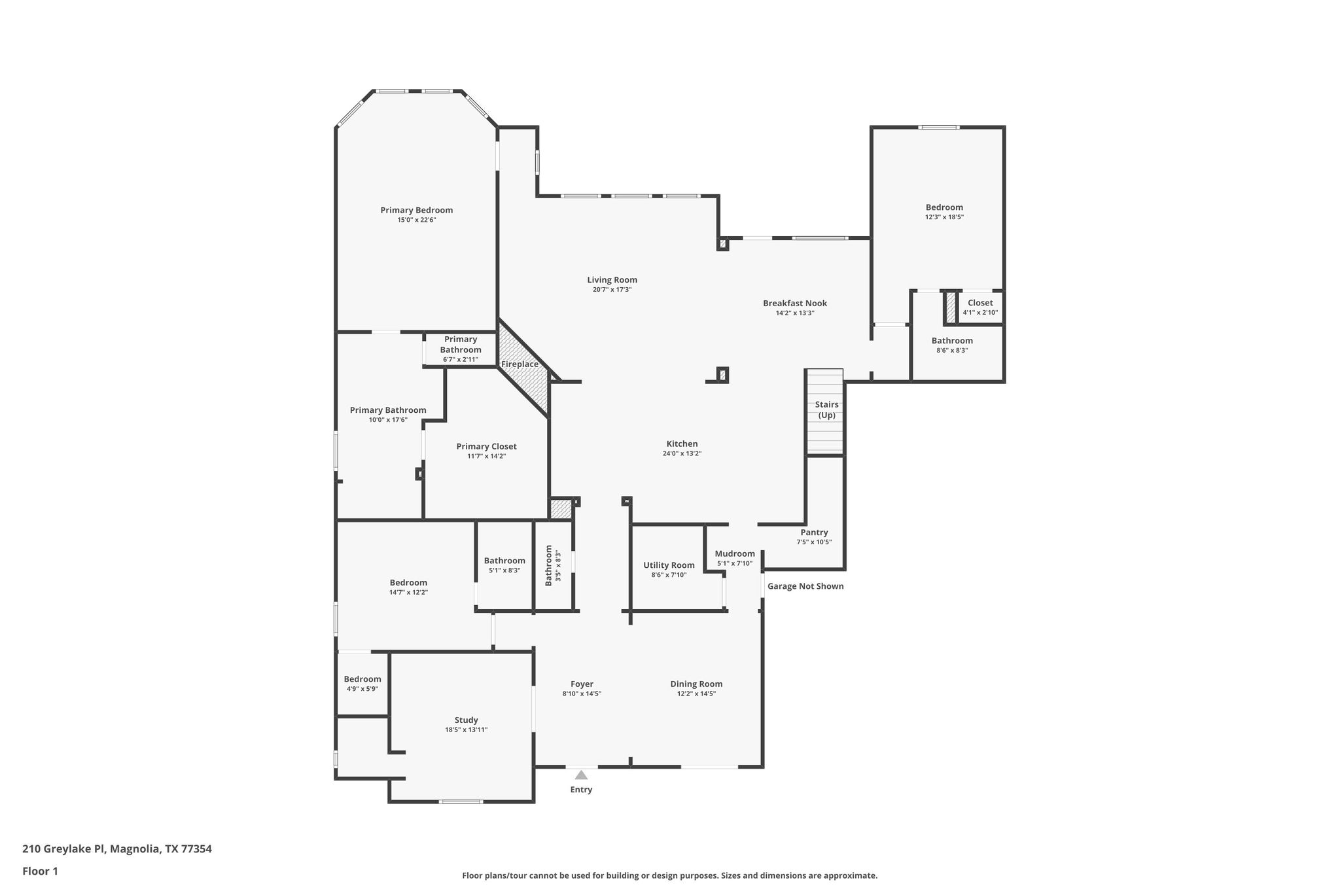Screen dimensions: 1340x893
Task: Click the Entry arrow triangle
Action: click(581, 775)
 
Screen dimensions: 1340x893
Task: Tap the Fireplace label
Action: click(520, 364)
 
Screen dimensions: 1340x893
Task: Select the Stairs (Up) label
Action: click(827, 410)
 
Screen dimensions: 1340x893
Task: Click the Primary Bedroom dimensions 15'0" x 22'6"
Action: click(417, 220)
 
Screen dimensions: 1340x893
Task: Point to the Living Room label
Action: click(612, 280)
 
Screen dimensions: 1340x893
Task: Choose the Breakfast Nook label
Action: click(795, 303)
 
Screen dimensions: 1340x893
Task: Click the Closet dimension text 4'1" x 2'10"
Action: click(980, 313)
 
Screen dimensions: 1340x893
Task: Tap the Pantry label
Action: click(814, 533)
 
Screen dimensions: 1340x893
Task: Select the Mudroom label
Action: click(735, 553)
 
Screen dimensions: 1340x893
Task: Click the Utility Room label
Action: click(669, 565)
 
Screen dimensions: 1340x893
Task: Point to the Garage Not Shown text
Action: click(805, 586)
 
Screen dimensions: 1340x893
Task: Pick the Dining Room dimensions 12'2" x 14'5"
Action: click(697, 694)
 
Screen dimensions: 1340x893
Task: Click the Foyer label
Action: click(582, 684)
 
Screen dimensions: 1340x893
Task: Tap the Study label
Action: click(467, 720)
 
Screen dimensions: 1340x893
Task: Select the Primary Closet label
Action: click(487, 446)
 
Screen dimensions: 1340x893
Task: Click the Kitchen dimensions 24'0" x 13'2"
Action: click(682, 453)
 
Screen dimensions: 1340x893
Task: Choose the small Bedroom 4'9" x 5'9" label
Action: click(362, 679)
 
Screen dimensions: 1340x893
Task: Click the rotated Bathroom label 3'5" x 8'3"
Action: click(549, 565)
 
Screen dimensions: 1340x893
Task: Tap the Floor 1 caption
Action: click(40, 871)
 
